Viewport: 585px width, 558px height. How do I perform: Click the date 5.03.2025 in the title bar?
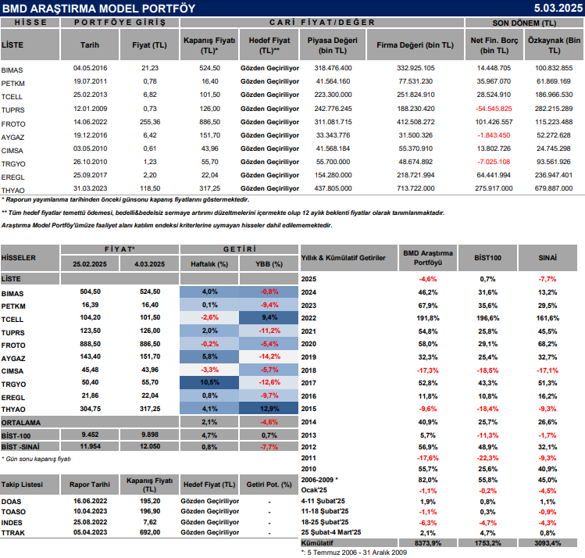pyautogui.click(x=555, y=8)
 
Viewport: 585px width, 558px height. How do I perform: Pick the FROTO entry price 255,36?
pyautogui.click(x=150, y=122)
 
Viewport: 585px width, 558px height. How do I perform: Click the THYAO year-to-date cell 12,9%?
pyautogui.click(x=269, y=409)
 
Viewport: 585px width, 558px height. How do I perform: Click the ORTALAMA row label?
pyautogui.click(x=21, y=422)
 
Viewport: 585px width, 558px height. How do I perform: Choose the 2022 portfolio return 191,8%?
pyautogui.click(x=427, y=318)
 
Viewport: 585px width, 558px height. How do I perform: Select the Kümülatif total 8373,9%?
pyautogui.click(x=427, y=542)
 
